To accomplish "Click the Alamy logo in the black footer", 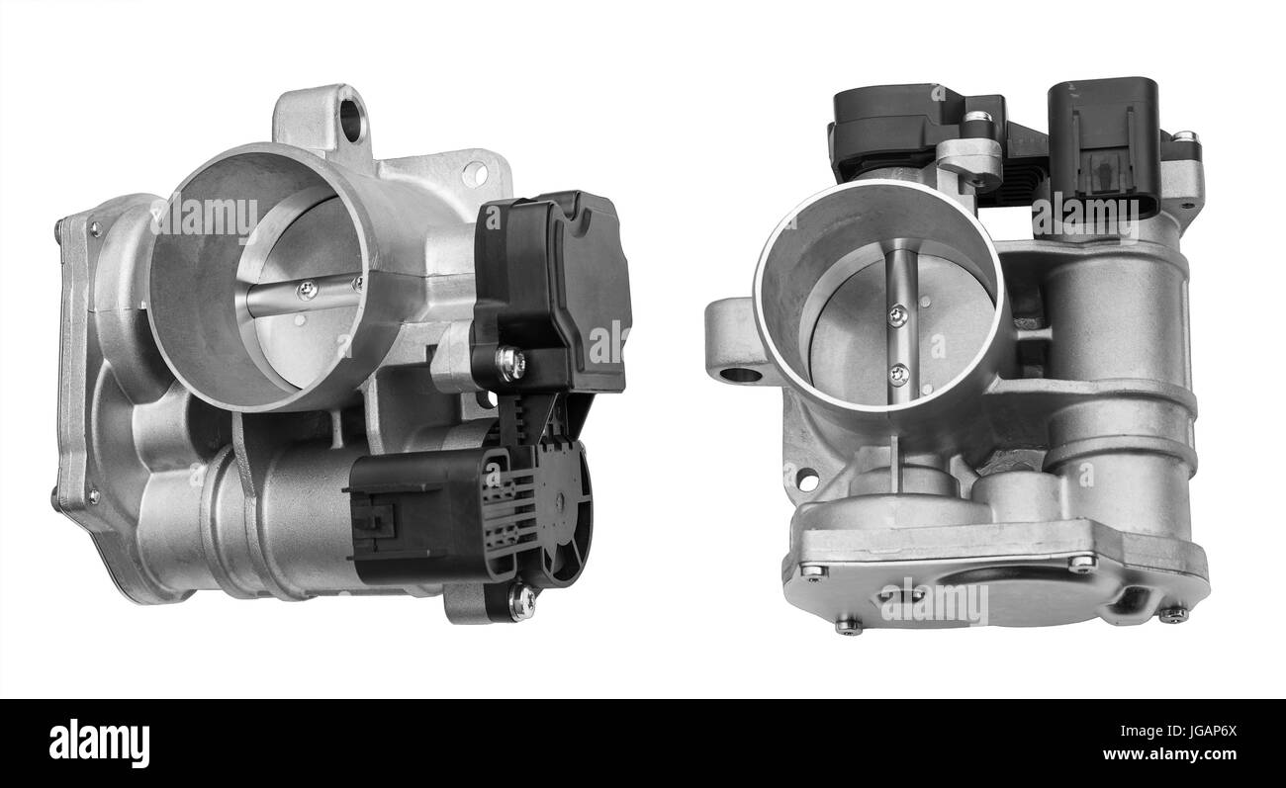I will (x=99, y=744).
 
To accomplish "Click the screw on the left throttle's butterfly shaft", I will (x=307, y=290).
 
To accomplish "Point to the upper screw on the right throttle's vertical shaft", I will (x=897, y=315).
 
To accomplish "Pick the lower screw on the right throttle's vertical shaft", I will (x=898, y=374).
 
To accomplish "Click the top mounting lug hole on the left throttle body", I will (x=350, y=120).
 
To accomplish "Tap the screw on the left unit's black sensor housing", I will (x=510, y=363).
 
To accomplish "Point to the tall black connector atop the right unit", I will (x=1102, y=146).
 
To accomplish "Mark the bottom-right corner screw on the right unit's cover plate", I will (x=1173, y=614).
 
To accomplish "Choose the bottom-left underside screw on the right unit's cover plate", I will (x=847, y=624).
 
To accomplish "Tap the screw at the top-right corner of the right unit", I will (x=1183, y=137).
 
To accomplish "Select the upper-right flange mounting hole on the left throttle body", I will (x=475, y=174).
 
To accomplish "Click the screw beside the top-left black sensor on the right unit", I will (x=977, y=119).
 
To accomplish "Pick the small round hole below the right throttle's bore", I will (x=806, y=481).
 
